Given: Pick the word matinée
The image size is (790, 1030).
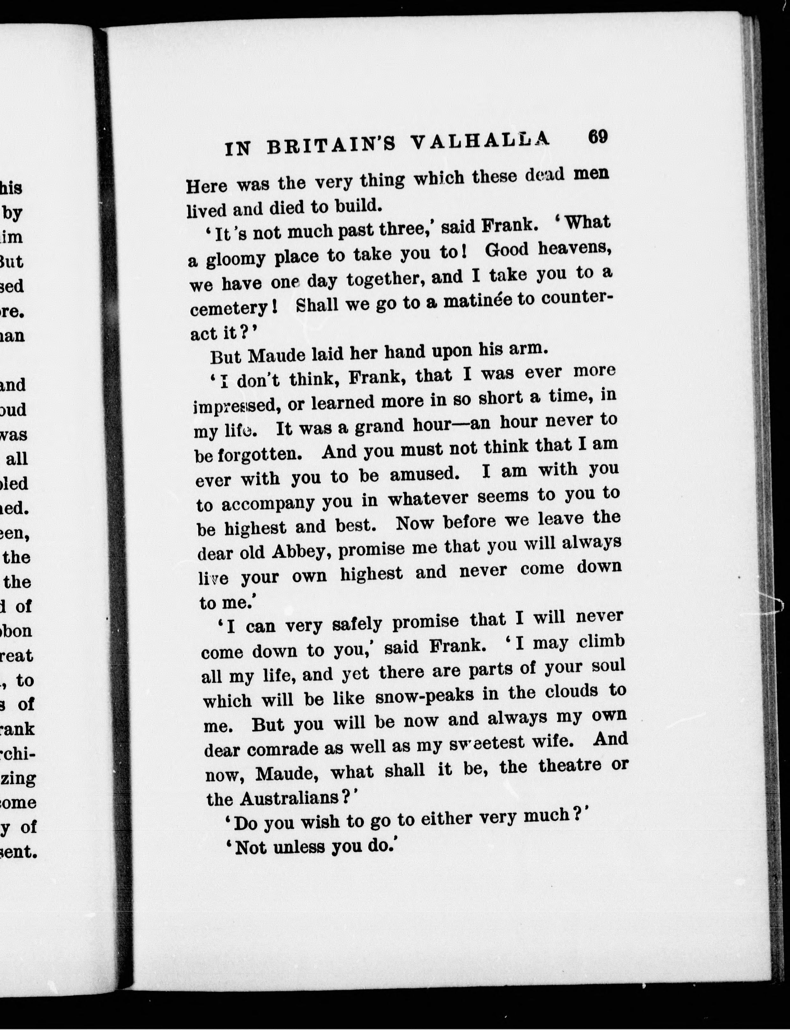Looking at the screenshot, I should tap(478, 301).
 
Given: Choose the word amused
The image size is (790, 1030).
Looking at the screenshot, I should tap(424, 475).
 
